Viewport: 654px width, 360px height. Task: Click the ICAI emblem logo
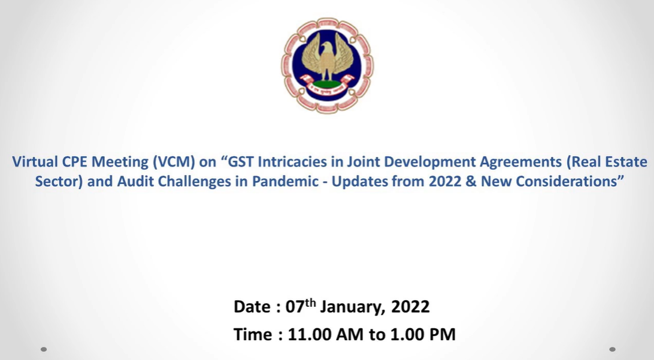click(328, 65)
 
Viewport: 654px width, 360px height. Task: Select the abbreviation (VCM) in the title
click(174, 162)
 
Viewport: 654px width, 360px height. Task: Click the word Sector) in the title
click(59, 181)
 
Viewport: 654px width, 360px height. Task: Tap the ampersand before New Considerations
click(471, 181)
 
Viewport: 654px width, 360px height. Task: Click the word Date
click(252, 307)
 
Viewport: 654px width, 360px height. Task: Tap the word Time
click(253, 334)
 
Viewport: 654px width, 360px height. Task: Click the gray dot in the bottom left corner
click(43, 349)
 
